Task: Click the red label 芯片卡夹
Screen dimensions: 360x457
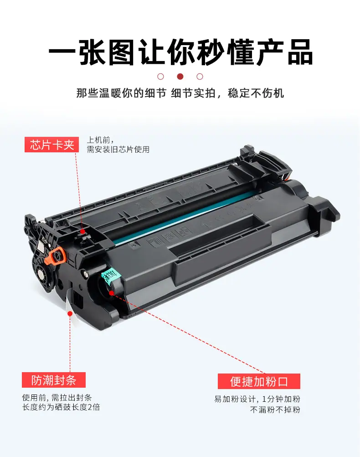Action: tap(51, 145)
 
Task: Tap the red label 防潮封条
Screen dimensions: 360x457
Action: tap(54, 380)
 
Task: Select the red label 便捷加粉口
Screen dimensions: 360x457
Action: tap(259, 381)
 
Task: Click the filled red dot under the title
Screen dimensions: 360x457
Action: tap(180, 76)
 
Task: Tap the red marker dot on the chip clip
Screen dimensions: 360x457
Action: tap(83, 232)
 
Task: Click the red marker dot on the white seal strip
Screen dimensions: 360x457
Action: tap(70, 314)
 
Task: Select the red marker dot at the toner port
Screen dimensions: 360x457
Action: tap(111, 292)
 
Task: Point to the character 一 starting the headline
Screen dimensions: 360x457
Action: tap(62, 53)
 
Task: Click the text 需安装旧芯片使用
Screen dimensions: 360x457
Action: tap(118, 150)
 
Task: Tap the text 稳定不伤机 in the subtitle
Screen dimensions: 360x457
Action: tap(256, 93)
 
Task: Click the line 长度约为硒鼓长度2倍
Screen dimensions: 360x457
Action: tap(61, 407)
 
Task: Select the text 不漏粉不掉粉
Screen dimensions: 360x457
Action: tap(275, 410)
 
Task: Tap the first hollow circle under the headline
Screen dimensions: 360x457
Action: tap(160, 76)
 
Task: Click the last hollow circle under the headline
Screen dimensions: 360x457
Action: tap(200, 76)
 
